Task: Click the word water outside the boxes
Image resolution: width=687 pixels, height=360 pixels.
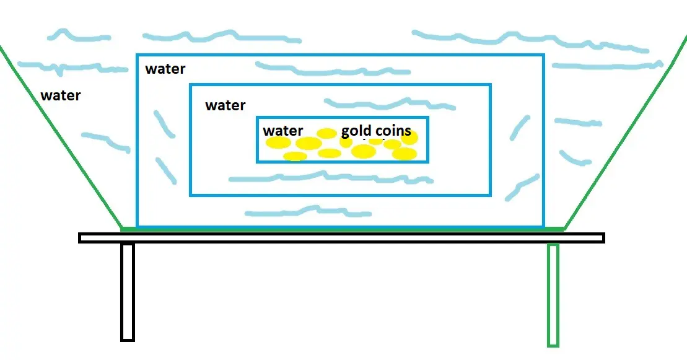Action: click(61, 95)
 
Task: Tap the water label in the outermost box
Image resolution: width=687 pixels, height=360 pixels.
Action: click(165, 69)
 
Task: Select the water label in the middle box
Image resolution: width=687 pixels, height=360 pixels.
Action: click(225, 105)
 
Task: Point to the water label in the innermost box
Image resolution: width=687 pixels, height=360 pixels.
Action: click(282, 131)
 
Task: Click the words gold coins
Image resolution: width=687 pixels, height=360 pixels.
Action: click(376, 131)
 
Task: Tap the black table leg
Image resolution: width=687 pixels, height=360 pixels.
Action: click(128, 292)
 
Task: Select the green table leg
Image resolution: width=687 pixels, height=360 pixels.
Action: click(553, 295)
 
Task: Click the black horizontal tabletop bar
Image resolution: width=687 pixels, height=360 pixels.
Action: click(342, 238)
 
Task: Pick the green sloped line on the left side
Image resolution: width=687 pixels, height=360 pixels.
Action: click(61, 138)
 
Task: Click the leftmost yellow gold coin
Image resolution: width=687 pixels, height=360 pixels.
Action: click(278, 143)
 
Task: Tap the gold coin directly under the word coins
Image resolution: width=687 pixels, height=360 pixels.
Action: click(392, 144)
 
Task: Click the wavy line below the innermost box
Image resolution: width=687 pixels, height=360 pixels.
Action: click(331, 177)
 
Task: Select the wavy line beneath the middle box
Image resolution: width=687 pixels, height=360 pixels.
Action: click(308, 211)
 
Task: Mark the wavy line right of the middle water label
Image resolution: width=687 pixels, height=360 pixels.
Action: click(390, 104)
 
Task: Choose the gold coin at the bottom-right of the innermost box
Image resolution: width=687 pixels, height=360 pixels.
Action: click(405, 154)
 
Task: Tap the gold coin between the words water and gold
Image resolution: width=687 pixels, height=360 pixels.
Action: click(326, 133)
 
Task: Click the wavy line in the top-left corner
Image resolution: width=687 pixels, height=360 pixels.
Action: click(79, 35)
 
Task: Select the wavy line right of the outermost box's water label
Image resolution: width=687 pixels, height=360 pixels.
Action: click(333, 69)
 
